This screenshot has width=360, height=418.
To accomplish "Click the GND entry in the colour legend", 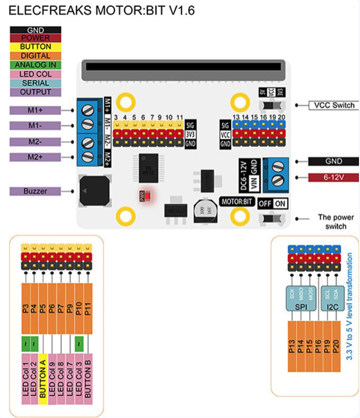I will [x=35, y=30].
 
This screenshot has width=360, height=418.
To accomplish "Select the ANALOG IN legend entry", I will [x=35, y=65].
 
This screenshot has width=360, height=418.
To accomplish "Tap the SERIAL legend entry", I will [x=35, y=83].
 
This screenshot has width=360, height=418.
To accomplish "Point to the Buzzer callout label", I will [x=35, y=191].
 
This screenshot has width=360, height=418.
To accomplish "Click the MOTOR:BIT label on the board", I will [x=236, y=201].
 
